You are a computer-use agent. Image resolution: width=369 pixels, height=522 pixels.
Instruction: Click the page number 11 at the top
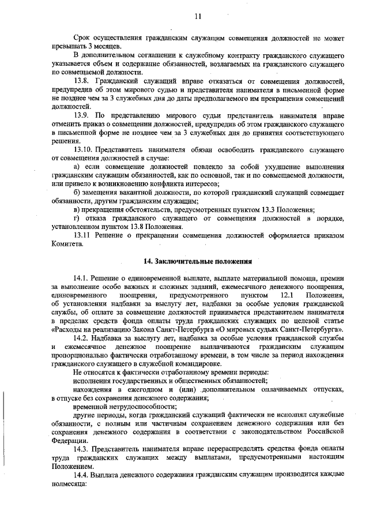198,16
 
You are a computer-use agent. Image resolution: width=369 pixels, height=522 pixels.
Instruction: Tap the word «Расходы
67,329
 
